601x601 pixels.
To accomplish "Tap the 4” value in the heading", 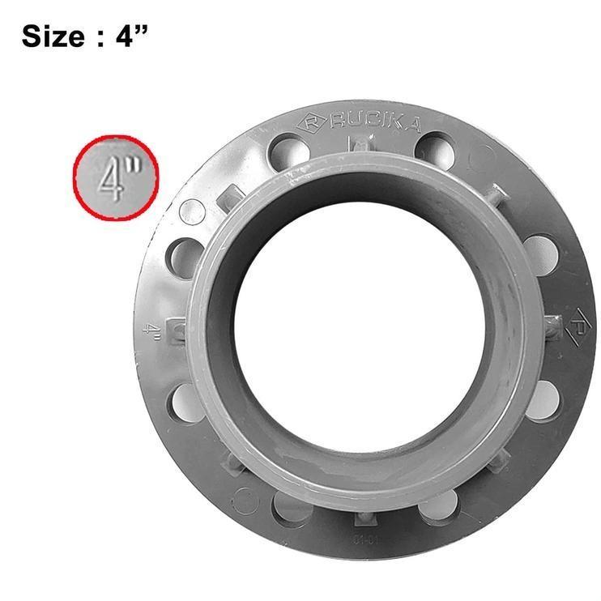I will (x=129, y=36).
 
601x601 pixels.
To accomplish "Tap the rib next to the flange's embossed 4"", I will (x=175, y=330).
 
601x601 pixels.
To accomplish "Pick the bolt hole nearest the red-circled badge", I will (x=185, y=257).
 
